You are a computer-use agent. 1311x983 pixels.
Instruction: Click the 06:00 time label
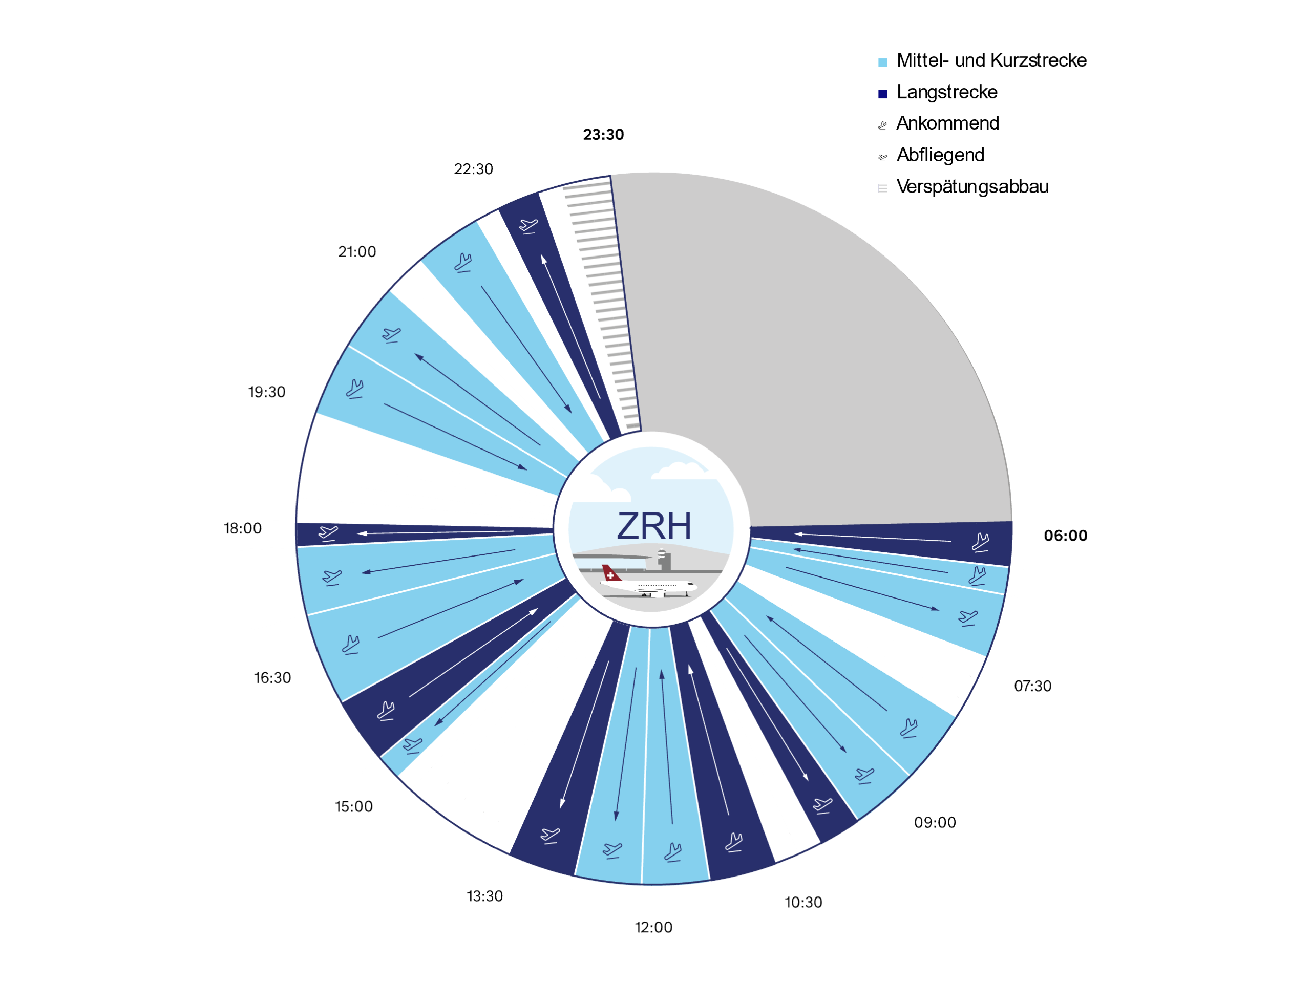click(1065, 536)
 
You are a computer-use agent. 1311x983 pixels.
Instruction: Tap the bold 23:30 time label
click(603, 135)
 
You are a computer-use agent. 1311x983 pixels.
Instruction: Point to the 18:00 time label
click(242, 528)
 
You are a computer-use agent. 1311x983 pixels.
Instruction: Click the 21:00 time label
click(357, 252)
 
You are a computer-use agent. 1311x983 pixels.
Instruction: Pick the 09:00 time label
click(935, 822)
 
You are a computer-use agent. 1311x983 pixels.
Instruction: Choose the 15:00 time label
click(354, 806)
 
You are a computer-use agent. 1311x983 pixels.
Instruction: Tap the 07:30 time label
click(1032, 686)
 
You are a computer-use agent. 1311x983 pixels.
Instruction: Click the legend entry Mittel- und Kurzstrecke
click(991, 60)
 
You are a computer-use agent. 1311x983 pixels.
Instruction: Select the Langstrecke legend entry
click(946, 93)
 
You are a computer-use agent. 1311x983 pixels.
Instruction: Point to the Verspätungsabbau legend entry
click(972, 187)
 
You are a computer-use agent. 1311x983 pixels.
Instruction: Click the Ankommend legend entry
click(947, 123)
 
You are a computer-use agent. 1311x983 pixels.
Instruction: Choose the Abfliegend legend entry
click(940, 155)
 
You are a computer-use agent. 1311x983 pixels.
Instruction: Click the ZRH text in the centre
click(654, 526)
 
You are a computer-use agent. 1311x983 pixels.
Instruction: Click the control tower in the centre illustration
click(663, 560)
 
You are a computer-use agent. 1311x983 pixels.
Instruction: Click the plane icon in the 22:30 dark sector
click(528, 226)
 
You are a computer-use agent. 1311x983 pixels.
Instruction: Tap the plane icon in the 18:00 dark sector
click(328, 532)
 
